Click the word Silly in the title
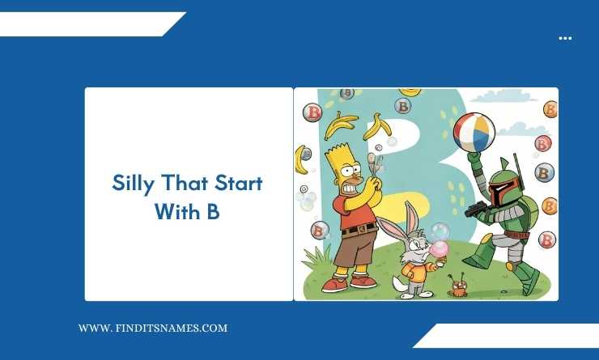[131, 184]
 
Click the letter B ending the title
[213, 211]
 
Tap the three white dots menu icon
[565, 38]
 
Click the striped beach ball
[474, 132]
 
